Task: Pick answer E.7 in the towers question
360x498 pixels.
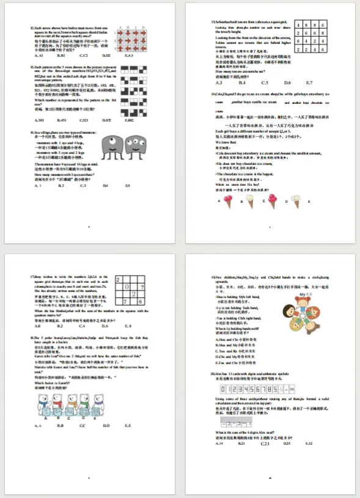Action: [x=309, y=82]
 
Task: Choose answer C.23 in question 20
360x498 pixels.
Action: [x=265, y=444]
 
